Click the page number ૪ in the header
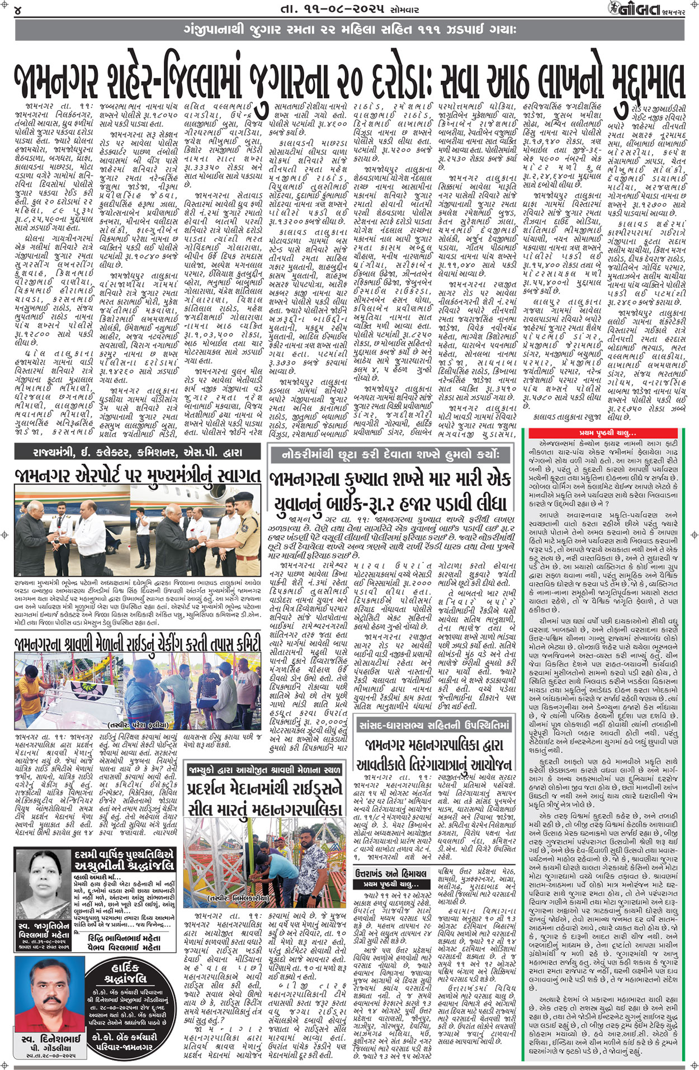[18, 10]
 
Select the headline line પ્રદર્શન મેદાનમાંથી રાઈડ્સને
[265, 789]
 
